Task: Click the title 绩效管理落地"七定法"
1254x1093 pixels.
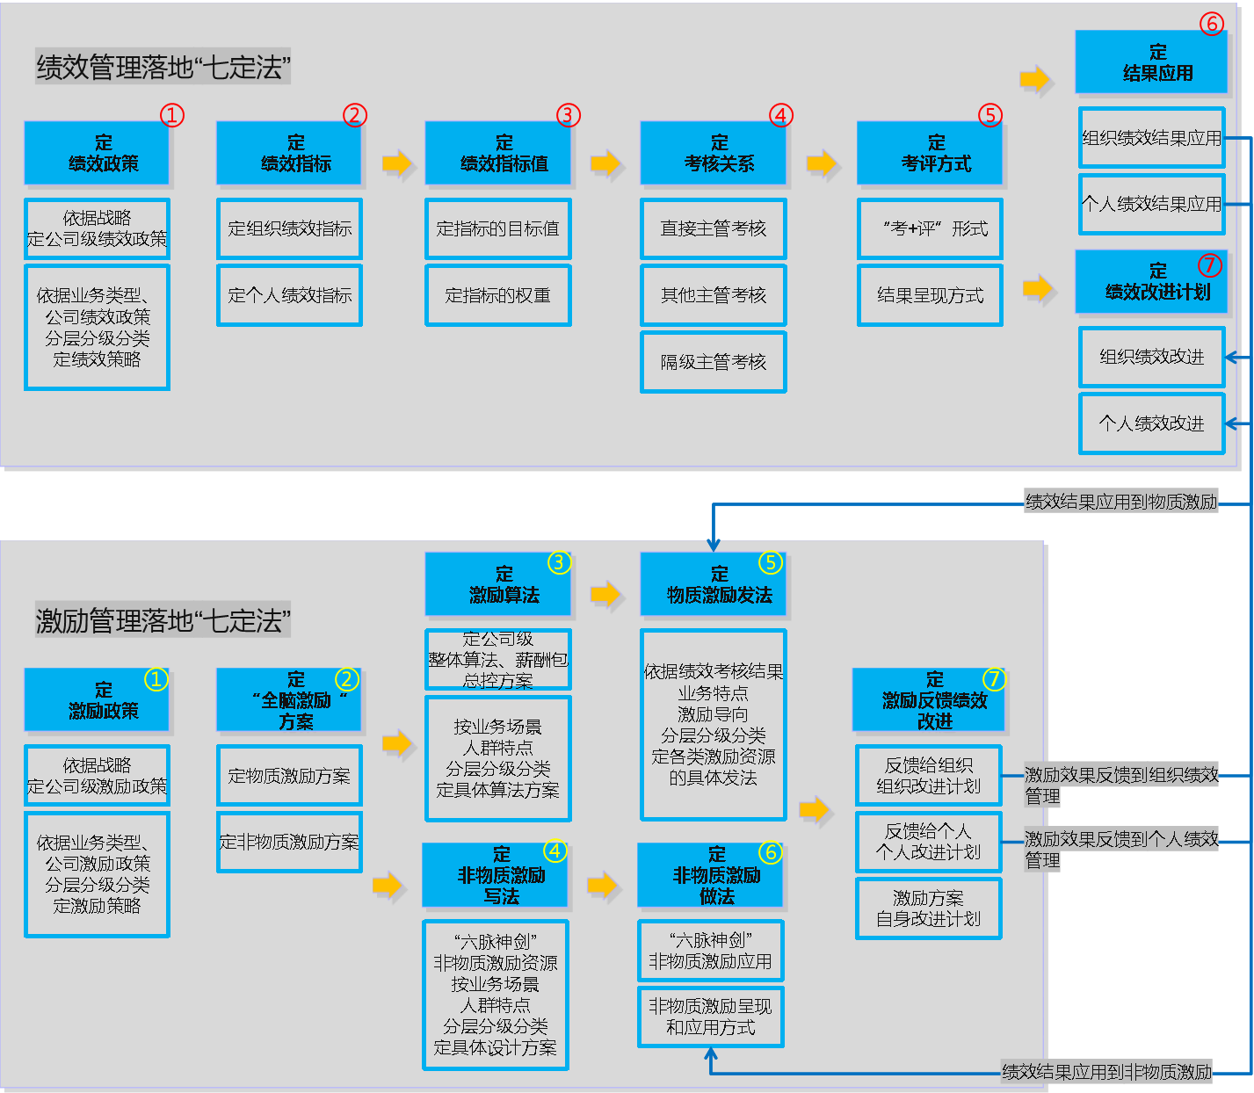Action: click(163, 67)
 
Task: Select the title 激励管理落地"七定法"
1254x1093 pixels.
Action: click(163, 621)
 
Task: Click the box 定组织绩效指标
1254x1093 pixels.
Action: click(289, 228)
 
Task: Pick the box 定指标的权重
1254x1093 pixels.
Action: click(498, 295)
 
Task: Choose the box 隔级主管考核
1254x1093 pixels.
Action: click(713, 362)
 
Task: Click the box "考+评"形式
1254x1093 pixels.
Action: click(930, 228)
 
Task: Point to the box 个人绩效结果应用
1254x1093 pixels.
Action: click(1151, 204)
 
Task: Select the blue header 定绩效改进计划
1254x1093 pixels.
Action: click(1151, 281)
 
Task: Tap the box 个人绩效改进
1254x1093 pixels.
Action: click(1151, 423)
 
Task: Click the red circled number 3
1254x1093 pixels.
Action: click(569, 115)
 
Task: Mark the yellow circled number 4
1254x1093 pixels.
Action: click(555, 851)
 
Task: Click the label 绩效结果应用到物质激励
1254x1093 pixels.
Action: click(1120, 502)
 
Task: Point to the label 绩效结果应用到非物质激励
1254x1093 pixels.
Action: click(1107, 1072)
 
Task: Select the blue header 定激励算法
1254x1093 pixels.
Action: click(498, 584)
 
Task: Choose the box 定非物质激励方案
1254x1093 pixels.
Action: click(289, 842)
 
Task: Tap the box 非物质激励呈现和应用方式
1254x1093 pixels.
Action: click(710, 1017)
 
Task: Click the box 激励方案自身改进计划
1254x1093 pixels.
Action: click(928, 908)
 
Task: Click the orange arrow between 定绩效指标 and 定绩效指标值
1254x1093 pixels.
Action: click(397, 163)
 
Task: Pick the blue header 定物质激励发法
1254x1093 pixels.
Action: click(713, 584)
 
